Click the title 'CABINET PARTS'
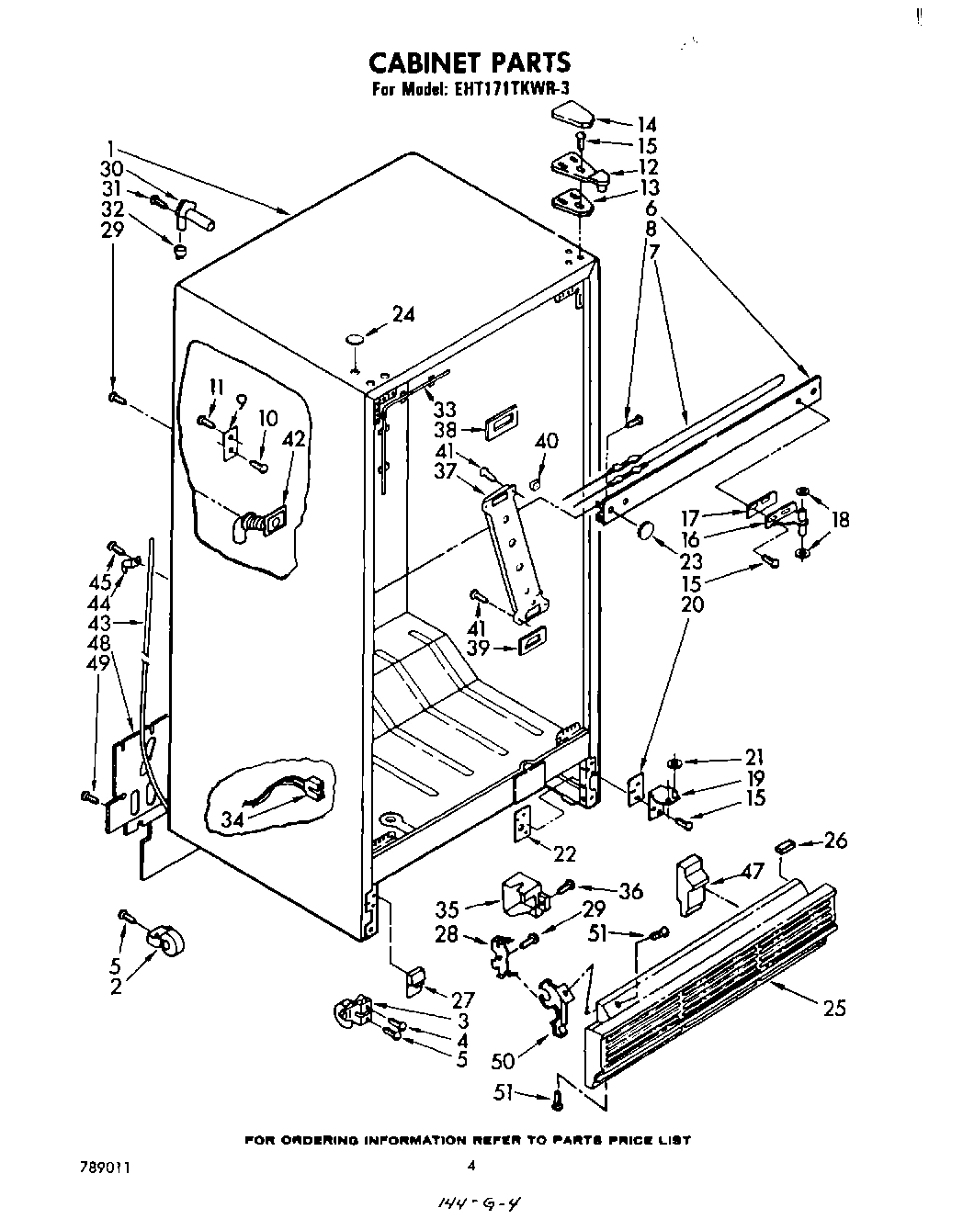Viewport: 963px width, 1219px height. [x=470, y=62]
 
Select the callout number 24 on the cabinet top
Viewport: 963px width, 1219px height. [x=403, y=314]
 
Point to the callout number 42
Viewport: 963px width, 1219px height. [x=294, y=439]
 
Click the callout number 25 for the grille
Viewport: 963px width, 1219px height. [x=834, y=1008]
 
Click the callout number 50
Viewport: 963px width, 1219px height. [x=504, y=1061]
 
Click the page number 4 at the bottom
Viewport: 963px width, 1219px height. [x=470, y=1165]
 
